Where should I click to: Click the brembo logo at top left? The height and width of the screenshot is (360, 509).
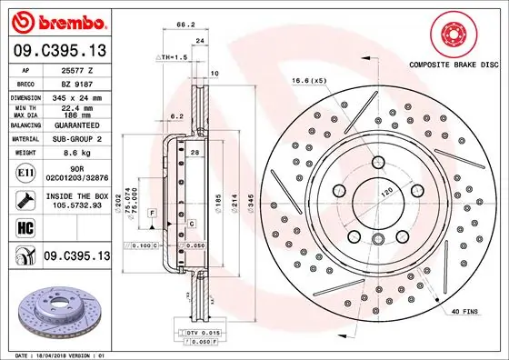click(57, 21)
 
